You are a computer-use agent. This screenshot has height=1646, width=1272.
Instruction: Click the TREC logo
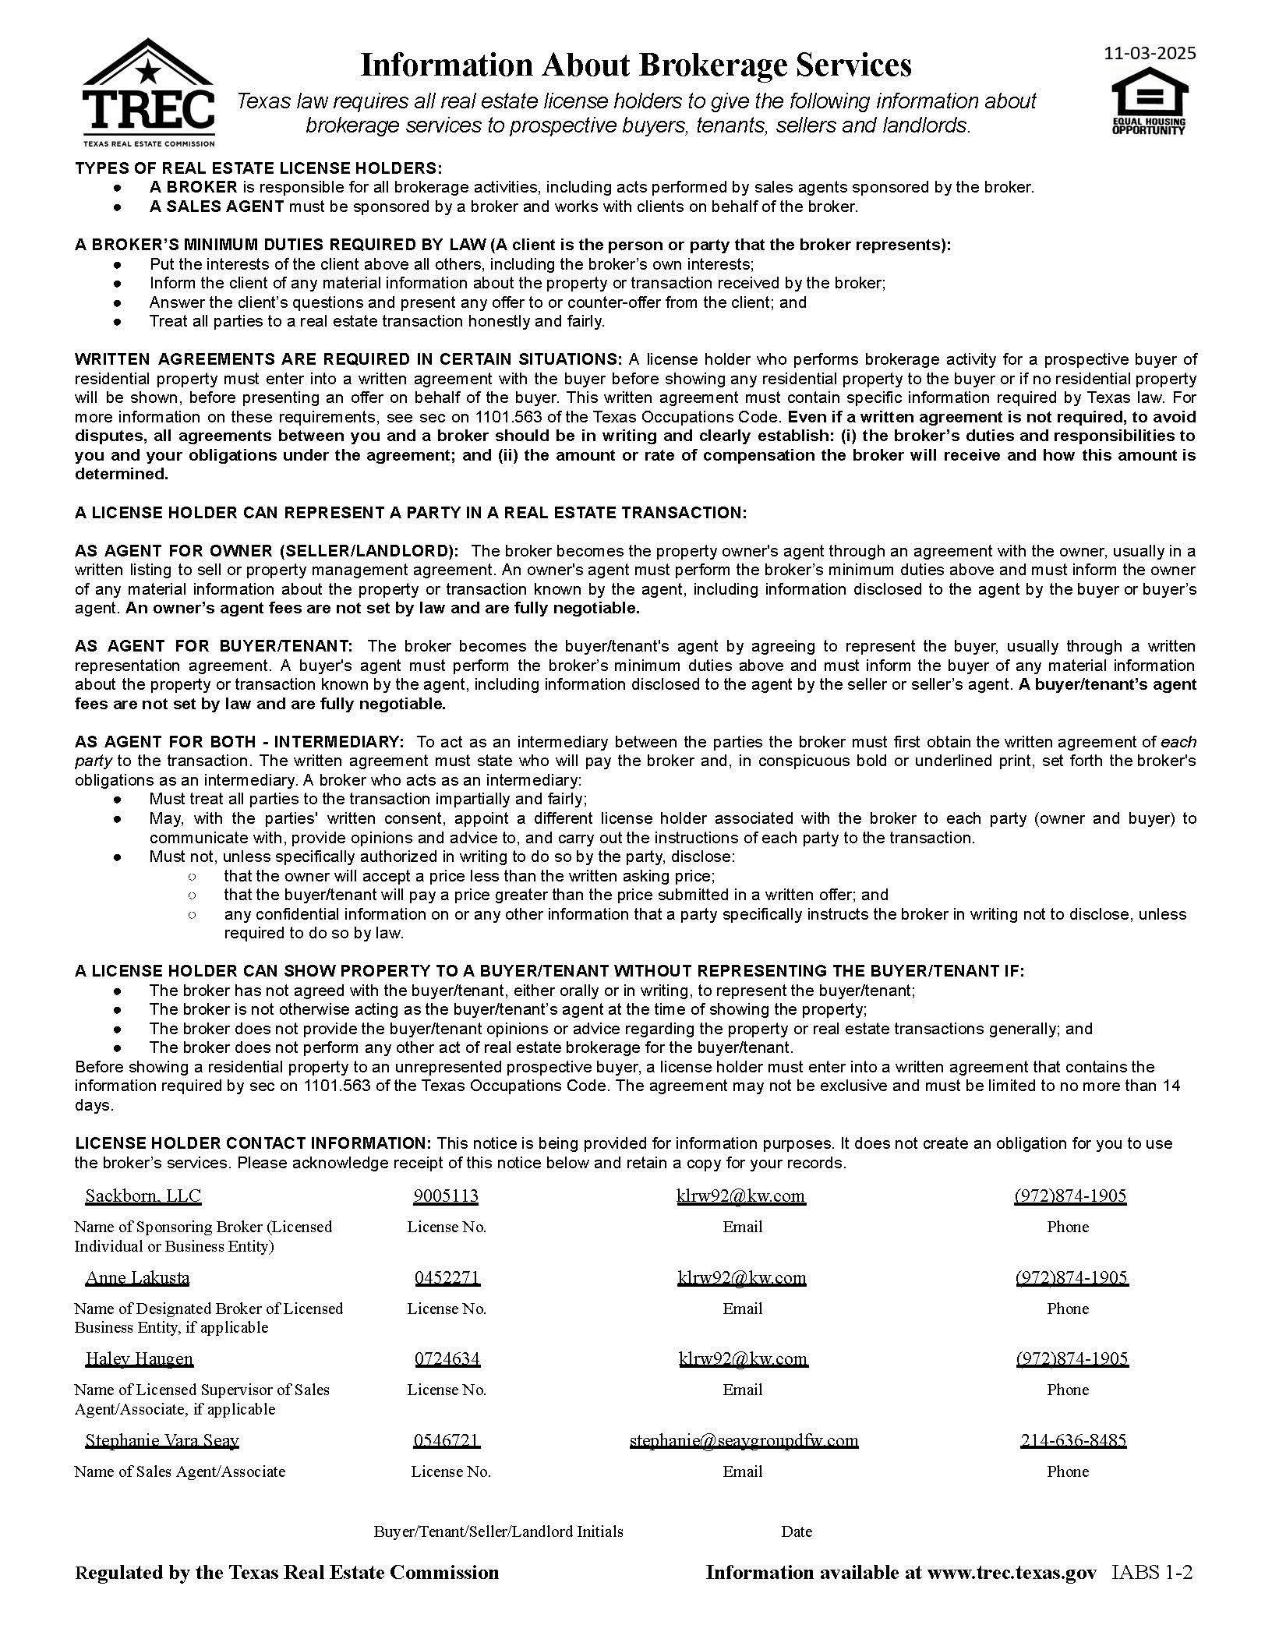(148, 93)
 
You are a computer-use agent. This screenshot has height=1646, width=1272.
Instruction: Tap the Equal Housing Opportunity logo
(1148, 101)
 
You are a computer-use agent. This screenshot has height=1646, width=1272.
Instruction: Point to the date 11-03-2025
(1150, 53)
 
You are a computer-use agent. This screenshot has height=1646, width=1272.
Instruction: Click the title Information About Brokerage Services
(635, 65)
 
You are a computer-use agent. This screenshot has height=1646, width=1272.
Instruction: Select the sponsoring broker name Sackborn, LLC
(143, 1196)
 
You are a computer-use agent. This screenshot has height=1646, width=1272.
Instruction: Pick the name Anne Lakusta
(137, 1277)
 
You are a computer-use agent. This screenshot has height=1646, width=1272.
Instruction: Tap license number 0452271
(447, 1277)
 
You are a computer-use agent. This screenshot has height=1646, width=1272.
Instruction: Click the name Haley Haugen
(139, 1358)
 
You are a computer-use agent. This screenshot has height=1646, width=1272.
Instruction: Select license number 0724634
(447, 1358)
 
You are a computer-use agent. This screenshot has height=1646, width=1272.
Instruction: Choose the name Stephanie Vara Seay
(161, 1440)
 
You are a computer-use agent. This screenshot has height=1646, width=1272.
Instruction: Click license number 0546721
(447, 1440)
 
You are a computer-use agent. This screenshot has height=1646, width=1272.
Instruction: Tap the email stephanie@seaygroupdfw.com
(744, 1440)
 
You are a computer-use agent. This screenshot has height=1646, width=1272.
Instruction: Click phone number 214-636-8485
(1072, 1440)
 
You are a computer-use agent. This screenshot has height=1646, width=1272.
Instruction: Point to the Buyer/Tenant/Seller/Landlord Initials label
(498, 1531)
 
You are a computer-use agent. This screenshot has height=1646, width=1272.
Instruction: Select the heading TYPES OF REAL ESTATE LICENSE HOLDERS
(258, 168)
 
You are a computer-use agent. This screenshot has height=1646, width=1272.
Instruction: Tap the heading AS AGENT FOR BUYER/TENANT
(214, 646)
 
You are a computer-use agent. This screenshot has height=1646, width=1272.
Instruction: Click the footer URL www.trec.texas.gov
(1011, 1572)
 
